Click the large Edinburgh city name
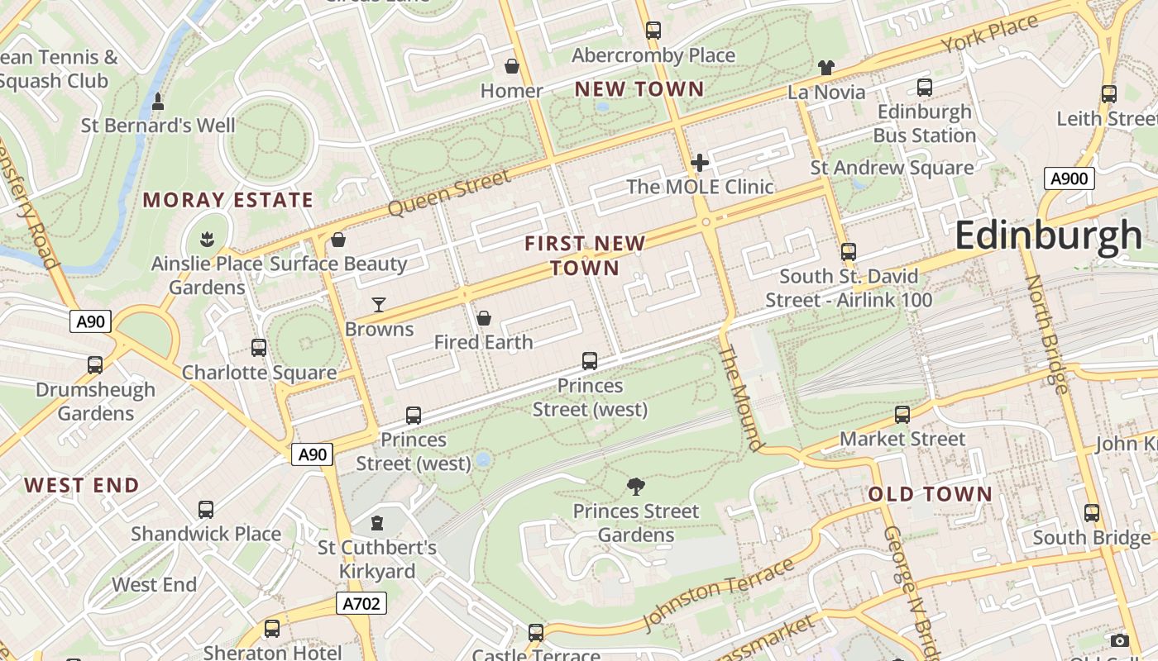pyautogui.click(x=1048, y=235)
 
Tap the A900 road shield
pyautogui.click(x=1069, y=178)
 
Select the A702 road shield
pyautogui.click(x=362, y=604)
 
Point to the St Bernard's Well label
pyautogui.click(x=158, y=126)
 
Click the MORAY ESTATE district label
pyautogui.click(x=228, y=200)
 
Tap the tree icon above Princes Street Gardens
pyautogui.click(x=635, y=486)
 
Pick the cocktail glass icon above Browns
pyautogui.click(x=379, y=305)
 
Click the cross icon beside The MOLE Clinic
pyautogui.click(x=700, y=163)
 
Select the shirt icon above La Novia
pyautogui.click(x=825, y=67)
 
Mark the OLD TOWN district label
pyautogui.click(x=930, y=495)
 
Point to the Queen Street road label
pyautogui.click(x=449, y=193)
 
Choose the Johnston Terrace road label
pyautogui.click(x=719, y=592)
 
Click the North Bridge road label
pyautogui.click(x=1047, y=331)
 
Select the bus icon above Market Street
pyautogui.click(x=902, y=414)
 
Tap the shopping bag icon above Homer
pyautogui.click(x=512, y=66)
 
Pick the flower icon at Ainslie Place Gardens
pyautogui.click(x=207, y=240)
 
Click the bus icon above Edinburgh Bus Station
pyautogui.click(x=925, y=87)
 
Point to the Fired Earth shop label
pyautogui.click(x=484, y=342)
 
